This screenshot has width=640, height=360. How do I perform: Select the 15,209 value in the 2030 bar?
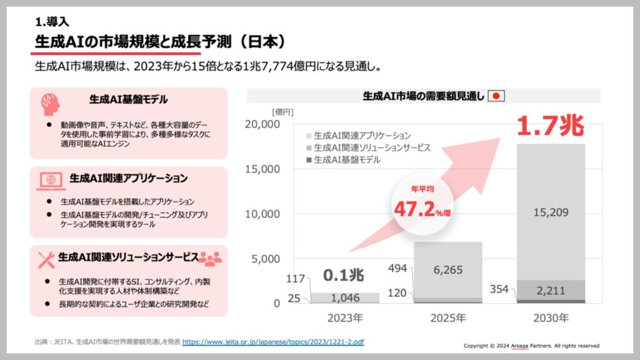(551, 212)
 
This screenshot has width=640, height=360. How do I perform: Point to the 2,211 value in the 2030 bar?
(551, 290)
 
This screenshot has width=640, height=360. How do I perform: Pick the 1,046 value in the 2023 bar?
(345, 298)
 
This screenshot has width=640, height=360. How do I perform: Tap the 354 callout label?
(499, 289)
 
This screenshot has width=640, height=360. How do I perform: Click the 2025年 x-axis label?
(447, 318)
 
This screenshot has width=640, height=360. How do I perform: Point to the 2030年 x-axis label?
(551, 318)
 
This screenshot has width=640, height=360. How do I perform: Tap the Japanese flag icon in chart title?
(496, 96)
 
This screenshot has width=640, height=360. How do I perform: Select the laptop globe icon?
(49, 179)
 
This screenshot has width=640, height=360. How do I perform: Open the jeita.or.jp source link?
(273, 342)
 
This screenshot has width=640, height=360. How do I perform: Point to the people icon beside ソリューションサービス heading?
(210, 257)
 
